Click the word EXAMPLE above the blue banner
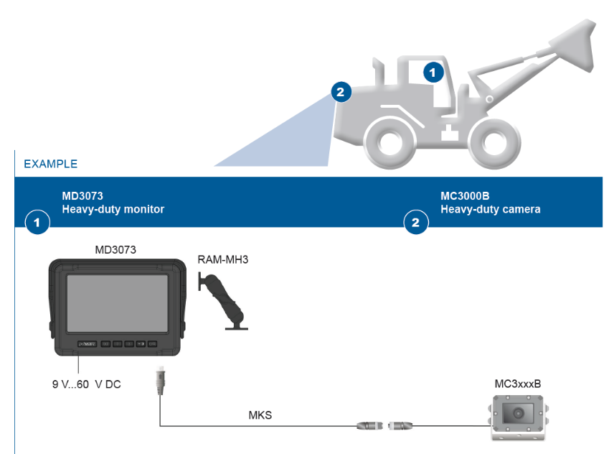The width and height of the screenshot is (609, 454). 50,164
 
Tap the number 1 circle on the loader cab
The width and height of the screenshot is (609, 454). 433,71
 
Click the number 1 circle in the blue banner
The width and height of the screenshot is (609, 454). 37,223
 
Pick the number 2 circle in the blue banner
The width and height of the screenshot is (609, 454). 415,223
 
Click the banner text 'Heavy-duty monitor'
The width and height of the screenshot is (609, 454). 113,210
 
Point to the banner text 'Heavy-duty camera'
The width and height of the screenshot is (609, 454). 490,210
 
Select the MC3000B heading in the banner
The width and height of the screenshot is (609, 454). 464,195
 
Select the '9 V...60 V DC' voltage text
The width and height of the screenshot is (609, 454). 86,384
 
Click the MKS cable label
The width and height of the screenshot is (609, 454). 260,414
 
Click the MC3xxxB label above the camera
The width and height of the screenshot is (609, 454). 517,384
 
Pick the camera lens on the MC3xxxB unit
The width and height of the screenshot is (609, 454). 516,412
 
